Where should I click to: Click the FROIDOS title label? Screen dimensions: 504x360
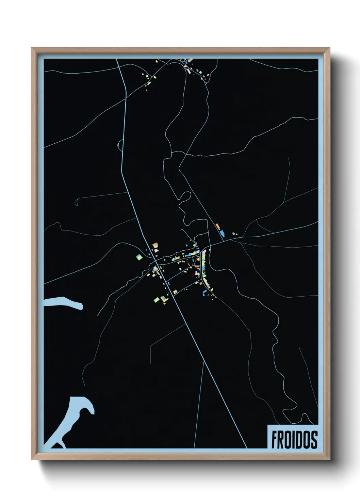point(294,439)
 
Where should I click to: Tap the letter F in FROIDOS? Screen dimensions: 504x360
point(274,440)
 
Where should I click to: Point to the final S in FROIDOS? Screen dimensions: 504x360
point(314,440)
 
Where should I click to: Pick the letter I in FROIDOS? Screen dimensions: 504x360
point(293,440)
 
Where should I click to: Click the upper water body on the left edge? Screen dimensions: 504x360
point(63,303)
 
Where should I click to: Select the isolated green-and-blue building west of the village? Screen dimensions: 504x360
point(139,257)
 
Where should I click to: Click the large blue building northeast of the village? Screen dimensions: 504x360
point(222,233)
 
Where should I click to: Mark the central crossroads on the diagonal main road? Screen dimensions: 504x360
point(156,264)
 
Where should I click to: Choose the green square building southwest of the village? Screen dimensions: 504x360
point(157,300)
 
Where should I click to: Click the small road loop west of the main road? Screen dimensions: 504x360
point(120,145)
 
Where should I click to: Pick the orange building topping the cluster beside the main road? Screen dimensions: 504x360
point(155,245)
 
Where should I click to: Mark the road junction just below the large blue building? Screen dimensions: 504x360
point(224,241)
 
